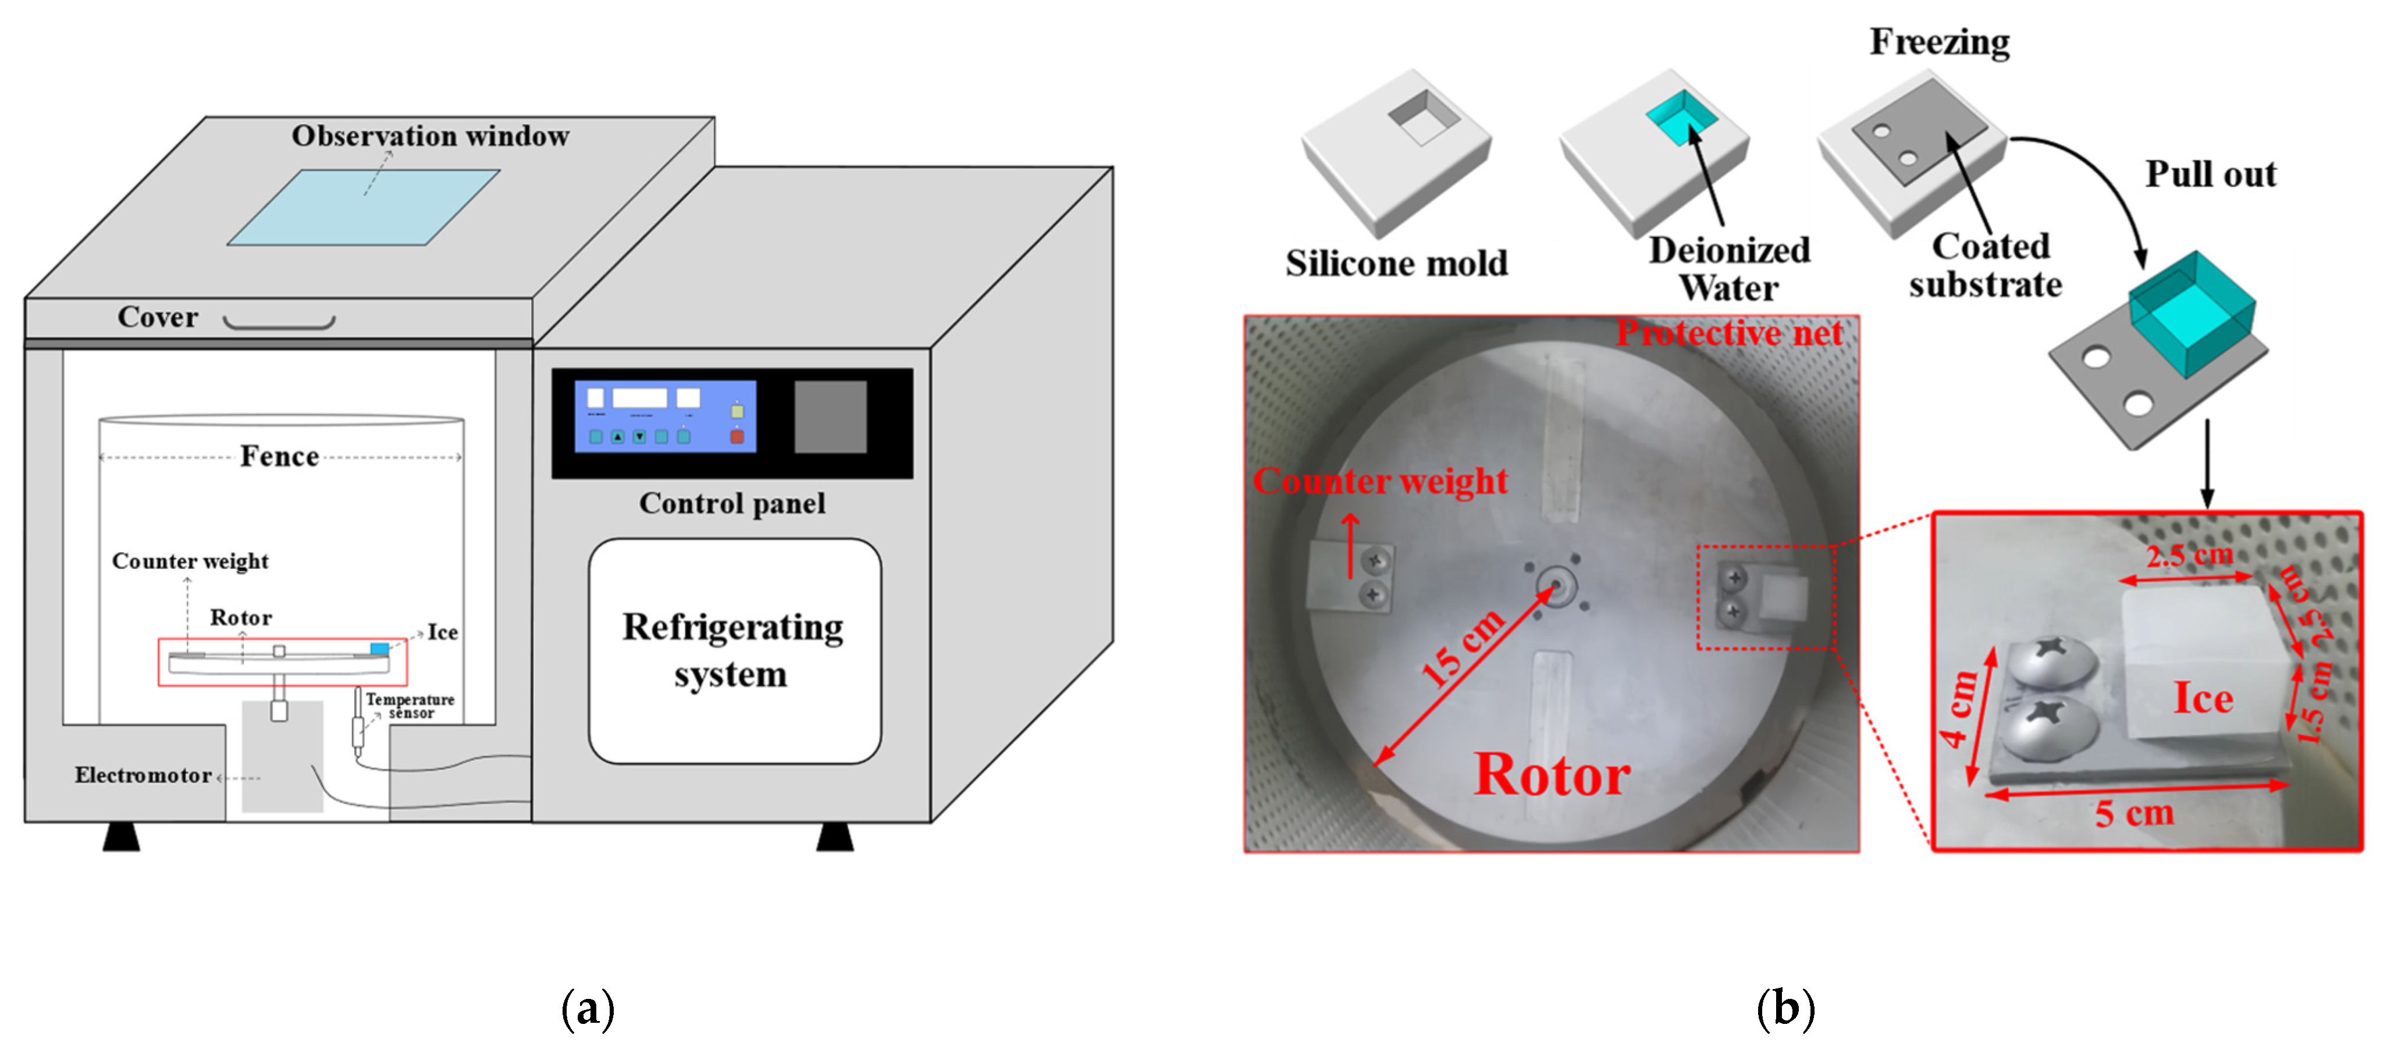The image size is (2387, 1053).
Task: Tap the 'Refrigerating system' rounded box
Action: (x=734, y=651)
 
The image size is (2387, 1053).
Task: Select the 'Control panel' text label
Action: (x=732, y=503)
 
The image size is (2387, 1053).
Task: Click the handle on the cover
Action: (x=279, y=322)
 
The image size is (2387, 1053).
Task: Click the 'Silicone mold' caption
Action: (x=1396, y=263)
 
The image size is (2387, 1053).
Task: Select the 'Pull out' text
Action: (x=2210, y=175)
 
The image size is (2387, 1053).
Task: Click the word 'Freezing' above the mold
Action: (x=1940, y=42)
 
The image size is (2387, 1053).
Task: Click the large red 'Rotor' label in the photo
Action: (x=1552, y=775)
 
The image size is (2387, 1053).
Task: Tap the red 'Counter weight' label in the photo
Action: (x=1380, y=481)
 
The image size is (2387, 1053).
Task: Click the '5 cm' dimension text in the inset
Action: (x=2134, y=813)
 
